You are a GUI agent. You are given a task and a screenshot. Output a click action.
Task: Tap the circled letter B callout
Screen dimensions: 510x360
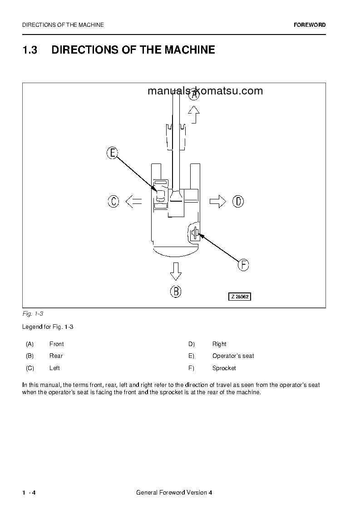coord(176,291)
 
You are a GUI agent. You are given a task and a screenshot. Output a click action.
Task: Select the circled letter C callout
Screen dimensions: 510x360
coord(113,201)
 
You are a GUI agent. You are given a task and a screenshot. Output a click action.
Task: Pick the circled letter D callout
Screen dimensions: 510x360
coord(238,201)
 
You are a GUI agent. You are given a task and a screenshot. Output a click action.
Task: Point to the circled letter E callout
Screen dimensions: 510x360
coord(113,153)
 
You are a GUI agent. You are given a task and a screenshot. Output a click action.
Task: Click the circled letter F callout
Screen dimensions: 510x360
coord(243,265)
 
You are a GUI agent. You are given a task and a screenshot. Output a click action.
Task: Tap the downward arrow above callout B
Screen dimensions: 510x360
coord(176,271)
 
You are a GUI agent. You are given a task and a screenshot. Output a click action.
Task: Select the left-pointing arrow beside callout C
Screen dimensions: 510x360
coord(133,201)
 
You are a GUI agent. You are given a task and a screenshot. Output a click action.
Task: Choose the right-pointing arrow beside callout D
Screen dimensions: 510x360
coord(218,201)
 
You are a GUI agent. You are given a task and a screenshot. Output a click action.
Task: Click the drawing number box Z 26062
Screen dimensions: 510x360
coord(239,297)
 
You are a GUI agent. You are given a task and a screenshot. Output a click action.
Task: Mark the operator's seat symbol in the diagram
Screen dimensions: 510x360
coord(160,196)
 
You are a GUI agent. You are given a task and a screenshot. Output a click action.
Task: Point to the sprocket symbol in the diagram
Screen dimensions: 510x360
coord(194,233)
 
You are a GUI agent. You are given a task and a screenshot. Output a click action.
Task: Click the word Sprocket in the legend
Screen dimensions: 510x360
coord(224,368)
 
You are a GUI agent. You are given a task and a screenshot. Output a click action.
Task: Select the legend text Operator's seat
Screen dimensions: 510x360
coord(233,356)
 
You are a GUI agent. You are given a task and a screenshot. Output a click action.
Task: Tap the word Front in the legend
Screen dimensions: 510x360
coord(56,344)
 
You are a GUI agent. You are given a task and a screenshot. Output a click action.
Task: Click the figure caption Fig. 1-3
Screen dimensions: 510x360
coord(32,314)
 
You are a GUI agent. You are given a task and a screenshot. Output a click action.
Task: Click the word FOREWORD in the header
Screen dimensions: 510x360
coord(310,25)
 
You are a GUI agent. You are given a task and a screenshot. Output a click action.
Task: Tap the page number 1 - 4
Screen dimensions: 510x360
coord(29,493)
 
